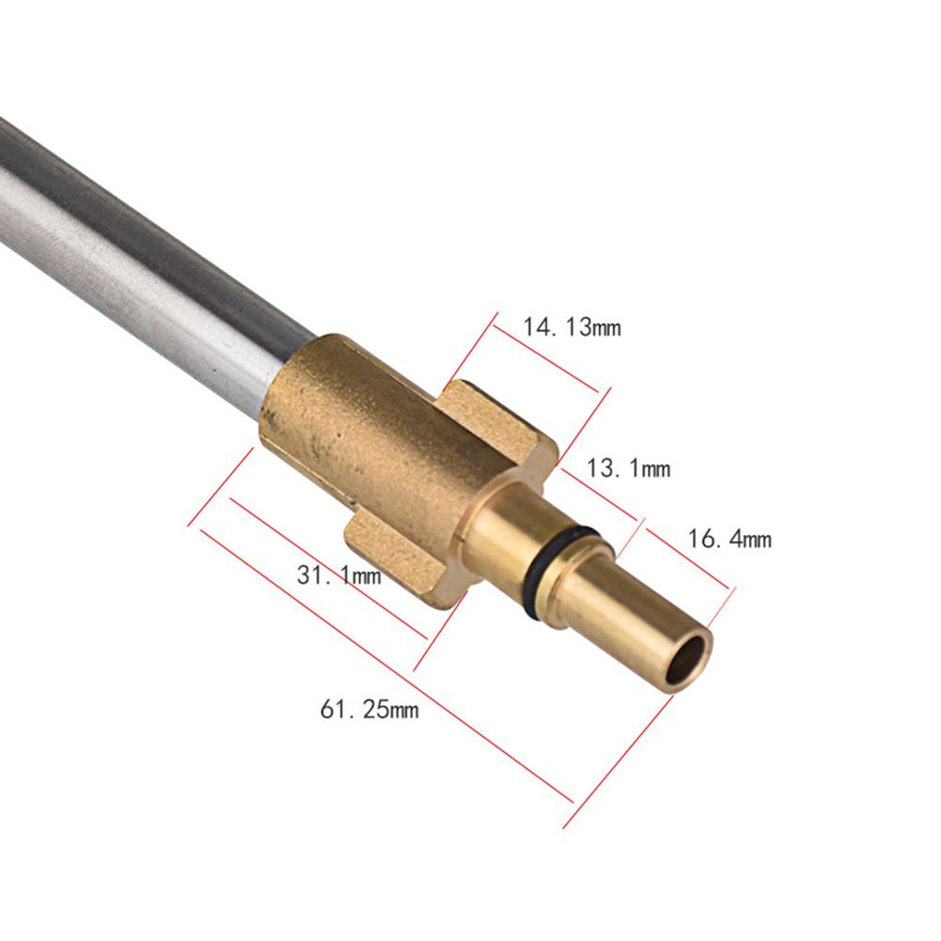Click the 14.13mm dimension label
coord(572,328)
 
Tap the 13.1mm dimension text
coord(628,468)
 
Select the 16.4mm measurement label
coord(729,539)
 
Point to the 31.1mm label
coord(339,574)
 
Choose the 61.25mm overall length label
coord(369,709)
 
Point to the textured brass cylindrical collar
coord(367,432)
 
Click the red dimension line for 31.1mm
coord(329,569)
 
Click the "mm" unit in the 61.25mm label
coord(403,710)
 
